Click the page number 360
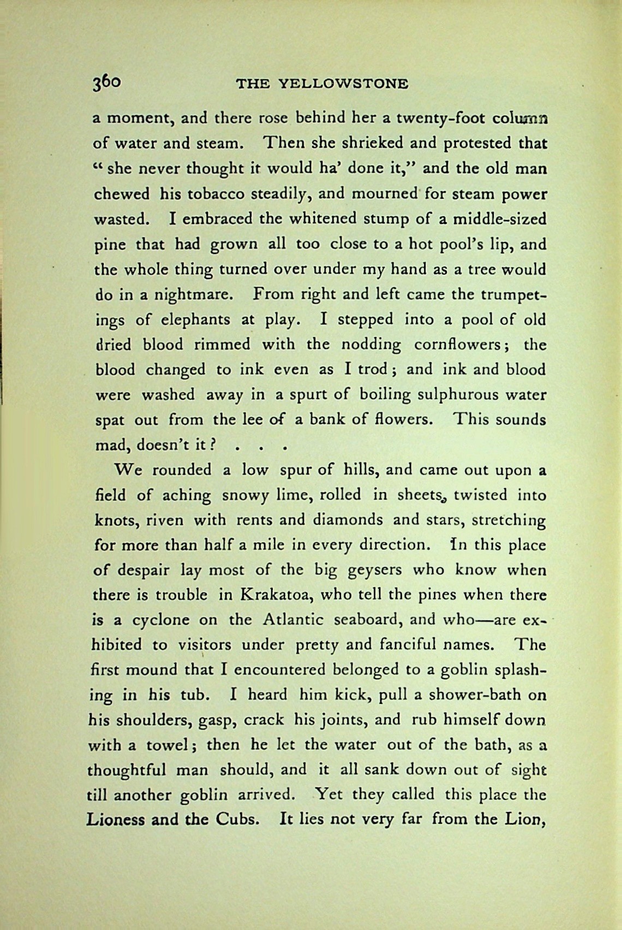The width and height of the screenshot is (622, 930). click(x=106, y=82)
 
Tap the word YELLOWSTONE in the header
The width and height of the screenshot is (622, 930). click(x=343, y=84)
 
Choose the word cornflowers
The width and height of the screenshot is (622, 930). click(x=462, y=345)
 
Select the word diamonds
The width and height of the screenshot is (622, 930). click(x=348, y=519)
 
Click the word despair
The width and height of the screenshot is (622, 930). click(x=143, y=571)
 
